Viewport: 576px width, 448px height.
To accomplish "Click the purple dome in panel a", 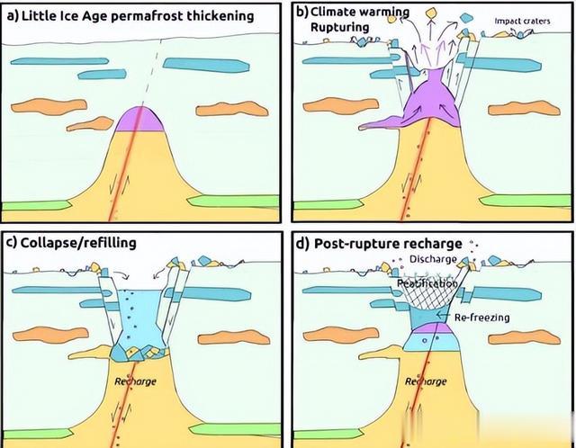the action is [139, 120].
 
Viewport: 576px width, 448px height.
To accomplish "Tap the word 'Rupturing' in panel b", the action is [340, 27].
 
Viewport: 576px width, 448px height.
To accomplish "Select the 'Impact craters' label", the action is [522, 22].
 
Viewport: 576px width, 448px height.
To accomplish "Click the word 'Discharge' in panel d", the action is [433, 259].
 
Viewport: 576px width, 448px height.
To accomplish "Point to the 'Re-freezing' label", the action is [482, 318].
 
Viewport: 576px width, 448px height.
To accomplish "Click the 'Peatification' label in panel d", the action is [427, 283].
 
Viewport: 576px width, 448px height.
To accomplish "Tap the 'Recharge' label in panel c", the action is [135, 381].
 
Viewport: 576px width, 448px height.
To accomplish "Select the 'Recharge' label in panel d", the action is [426, 381].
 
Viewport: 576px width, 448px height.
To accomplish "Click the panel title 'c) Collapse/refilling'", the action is [72, 243].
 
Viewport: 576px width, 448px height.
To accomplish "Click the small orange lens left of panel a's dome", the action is [90, 124].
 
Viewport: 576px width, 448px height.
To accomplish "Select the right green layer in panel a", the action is [234, 202].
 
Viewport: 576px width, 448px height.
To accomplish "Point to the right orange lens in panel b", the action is [524, 109].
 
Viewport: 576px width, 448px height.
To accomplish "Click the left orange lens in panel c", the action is [50, 335].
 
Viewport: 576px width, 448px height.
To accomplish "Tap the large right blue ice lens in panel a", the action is [206, 65].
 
